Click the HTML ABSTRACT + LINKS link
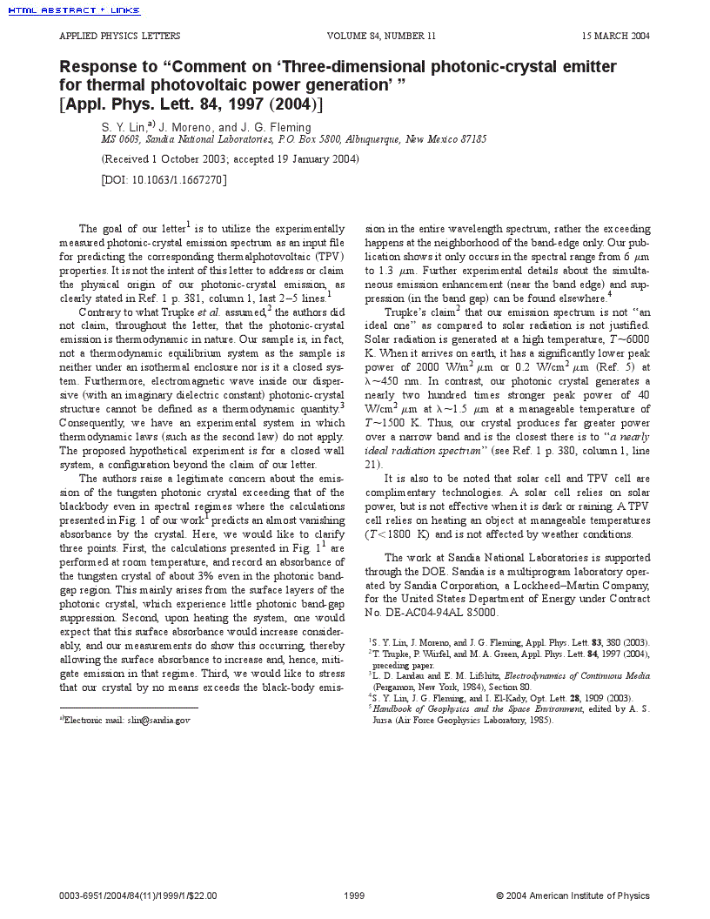pyautogui.click(x=74, y=10)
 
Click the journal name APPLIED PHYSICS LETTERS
pyautogui.click(x=119, y=37)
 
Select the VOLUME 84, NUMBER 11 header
pyautogui.click(x=381, y=37)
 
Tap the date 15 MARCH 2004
pyautogui.click(x=615, y=37)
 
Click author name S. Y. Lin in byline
pyautogui.click(x=124, y=127)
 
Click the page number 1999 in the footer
pyautogui.click(x=354, y=896)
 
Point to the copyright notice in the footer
pyautogui.click(x=573, y=896)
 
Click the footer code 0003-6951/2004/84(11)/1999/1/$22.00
pyautogui.click(x=138, y=896)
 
